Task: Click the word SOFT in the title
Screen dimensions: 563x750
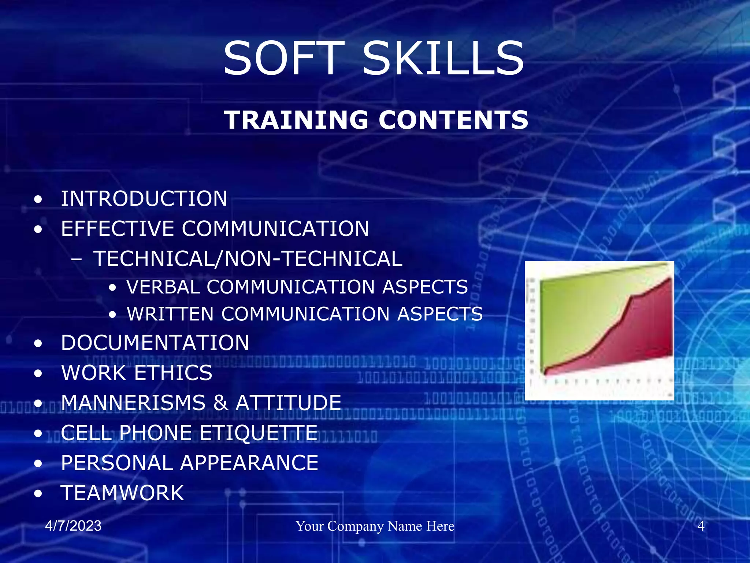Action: click(284, 59)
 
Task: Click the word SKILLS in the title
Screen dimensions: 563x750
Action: click(443, 59)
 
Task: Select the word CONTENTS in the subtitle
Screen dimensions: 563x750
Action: click(453, 120)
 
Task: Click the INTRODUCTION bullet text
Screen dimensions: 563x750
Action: click(144, 199)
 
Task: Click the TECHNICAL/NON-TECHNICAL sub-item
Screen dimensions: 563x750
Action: click(248, 259)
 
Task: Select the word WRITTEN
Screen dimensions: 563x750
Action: click(170, 314)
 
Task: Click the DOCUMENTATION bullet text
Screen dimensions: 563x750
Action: click(155, 343)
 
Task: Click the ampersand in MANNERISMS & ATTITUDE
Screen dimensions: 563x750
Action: click(220, 403)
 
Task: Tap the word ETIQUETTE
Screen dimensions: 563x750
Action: click(259, 433)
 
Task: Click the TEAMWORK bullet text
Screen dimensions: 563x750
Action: click(122, 493)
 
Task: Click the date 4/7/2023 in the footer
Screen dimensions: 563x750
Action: click(73, 526)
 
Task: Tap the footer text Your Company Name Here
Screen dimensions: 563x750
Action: click(375, 526)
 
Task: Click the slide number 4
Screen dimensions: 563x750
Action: click(701, 526)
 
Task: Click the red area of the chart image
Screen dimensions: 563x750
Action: click(637, 337)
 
